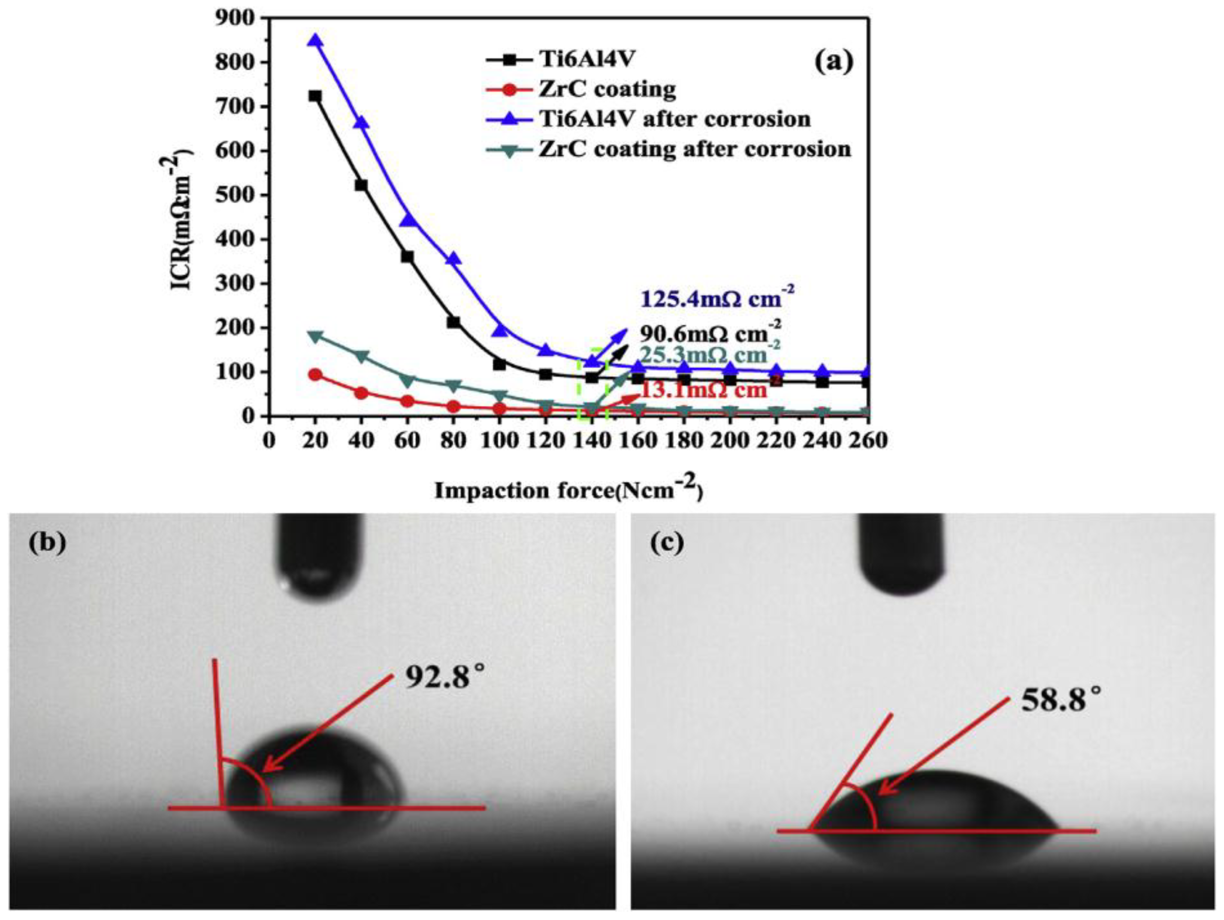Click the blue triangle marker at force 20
[x=315, y=41]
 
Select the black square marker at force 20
[x=315, y=96]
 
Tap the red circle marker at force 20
[x=315, y=375]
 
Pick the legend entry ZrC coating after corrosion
[x=695, y=149]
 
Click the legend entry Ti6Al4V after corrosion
[x=674, y=118]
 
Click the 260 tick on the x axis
[x=867, y=441]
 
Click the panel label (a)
[x=834, y=61]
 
